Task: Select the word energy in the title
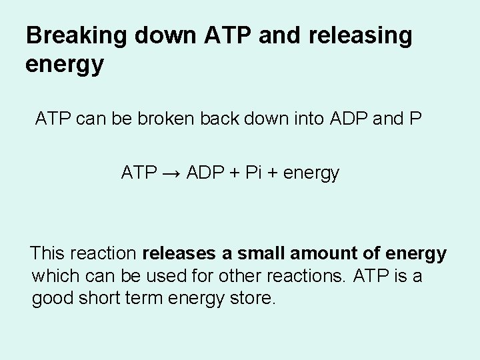click(x=64, y=65)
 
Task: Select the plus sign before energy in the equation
click(x=271, y=173)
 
